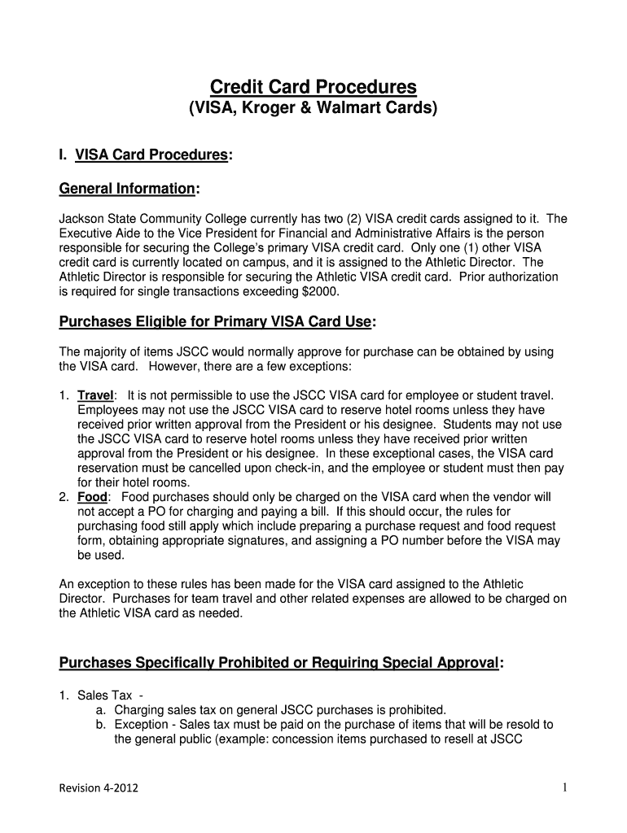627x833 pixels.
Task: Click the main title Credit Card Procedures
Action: [313, 86]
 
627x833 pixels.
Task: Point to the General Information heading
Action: [128, 189]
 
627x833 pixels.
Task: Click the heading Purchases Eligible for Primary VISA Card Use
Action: [216, 322]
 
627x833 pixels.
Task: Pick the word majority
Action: [107, 351]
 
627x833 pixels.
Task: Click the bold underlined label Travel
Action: [95, 395]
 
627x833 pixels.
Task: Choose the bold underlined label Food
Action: [92, 496]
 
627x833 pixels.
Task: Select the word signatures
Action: [269, 540]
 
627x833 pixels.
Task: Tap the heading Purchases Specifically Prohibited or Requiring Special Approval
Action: [278, 663]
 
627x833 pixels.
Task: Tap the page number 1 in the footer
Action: [563, 787]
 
